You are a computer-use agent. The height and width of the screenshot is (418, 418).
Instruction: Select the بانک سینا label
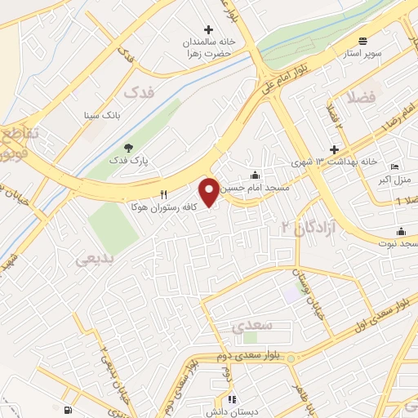(102, 116)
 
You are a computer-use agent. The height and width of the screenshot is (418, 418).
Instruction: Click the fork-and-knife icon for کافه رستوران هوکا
(164, 194)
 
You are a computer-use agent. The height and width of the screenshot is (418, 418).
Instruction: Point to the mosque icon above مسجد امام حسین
(256, 174)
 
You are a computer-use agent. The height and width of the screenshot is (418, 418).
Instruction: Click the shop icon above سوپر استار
(364, 36)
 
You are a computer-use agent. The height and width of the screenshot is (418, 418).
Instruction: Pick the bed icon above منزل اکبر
(395, 167)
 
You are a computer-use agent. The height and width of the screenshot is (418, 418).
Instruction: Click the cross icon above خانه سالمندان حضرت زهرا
(208, 29)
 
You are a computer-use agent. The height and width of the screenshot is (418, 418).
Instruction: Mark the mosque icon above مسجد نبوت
(401, 230)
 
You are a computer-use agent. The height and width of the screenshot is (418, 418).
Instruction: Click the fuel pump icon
(65, 410)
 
